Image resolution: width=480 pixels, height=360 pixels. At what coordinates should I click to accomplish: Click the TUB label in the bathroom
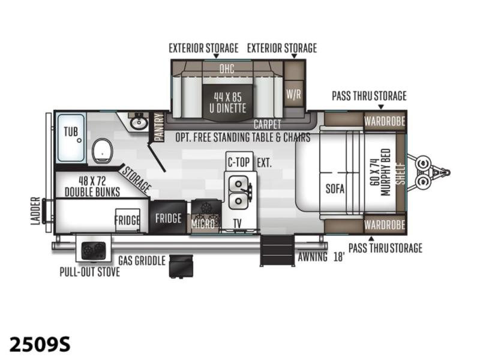point(71,132)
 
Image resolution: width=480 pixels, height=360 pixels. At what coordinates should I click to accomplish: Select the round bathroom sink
point(139,123)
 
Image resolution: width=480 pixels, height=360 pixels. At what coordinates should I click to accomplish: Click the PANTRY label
point(159,127)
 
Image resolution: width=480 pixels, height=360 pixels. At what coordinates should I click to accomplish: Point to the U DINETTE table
point(227,103)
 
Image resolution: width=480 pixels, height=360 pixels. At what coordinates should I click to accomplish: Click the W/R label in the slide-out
point(293,94)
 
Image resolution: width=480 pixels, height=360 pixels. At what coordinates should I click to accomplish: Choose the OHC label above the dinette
point(227,68)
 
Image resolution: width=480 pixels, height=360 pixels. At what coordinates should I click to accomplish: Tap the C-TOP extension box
point(239,161)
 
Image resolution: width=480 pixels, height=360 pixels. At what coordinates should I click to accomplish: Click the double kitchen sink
point(239,192)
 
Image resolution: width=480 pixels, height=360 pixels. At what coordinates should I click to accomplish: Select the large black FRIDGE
point(168,218)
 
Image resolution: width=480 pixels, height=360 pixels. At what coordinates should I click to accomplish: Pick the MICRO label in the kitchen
point(203,224)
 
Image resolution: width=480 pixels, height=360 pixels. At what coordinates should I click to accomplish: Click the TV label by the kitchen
point(238,224)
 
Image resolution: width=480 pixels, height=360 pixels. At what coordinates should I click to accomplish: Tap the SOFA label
point(335,188)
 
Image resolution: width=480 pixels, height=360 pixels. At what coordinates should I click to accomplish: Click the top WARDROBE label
point(385,121)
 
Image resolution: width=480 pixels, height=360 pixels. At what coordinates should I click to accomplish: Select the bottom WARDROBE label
point(385,224)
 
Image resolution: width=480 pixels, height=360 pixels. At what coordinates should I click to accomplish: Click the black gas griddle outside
point(181,266)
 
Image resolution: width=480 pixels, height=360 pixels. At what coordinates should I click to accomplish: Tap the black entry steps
point(277,250)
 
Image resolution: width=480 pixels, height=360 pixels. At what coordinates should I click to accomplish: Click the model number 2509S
point(40,344)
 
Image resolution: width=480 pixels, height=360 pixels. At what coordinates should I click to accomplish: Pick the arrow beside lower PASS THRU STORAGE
point(371,238)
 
